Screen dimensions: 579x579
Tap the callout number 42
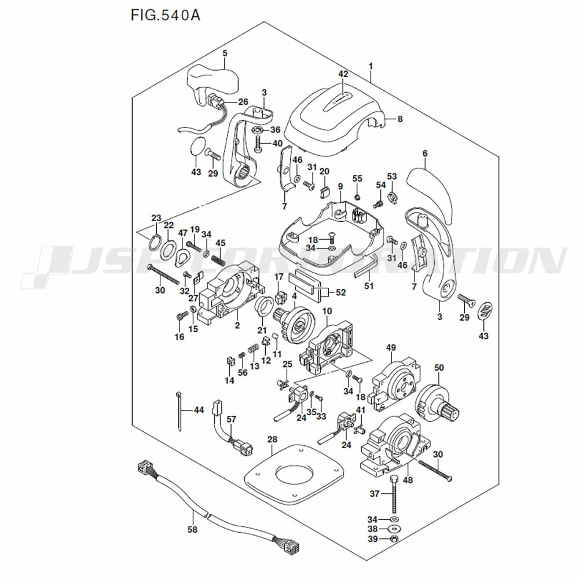tap(343, 74)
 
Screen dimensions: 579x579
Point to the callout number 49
tap(391, 347)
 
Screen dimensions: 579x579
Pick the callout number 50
tap(439, 368)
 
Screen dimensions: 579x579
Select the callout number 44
tap(199, 410)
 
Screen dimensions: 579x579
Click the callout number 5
tap(225, 53)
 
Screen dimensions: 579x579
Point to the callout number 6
tap(425, 153)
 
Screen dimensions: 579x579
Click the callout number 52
tap(341, 292)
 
